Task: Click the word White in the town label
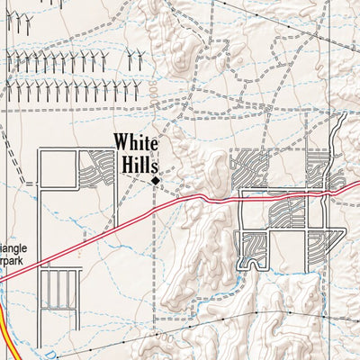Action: [x=135, y=144]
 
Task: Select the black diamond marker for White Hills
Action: [x=155, y=181]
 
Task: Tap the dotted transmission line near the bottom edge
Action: [x=270, y=315]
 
